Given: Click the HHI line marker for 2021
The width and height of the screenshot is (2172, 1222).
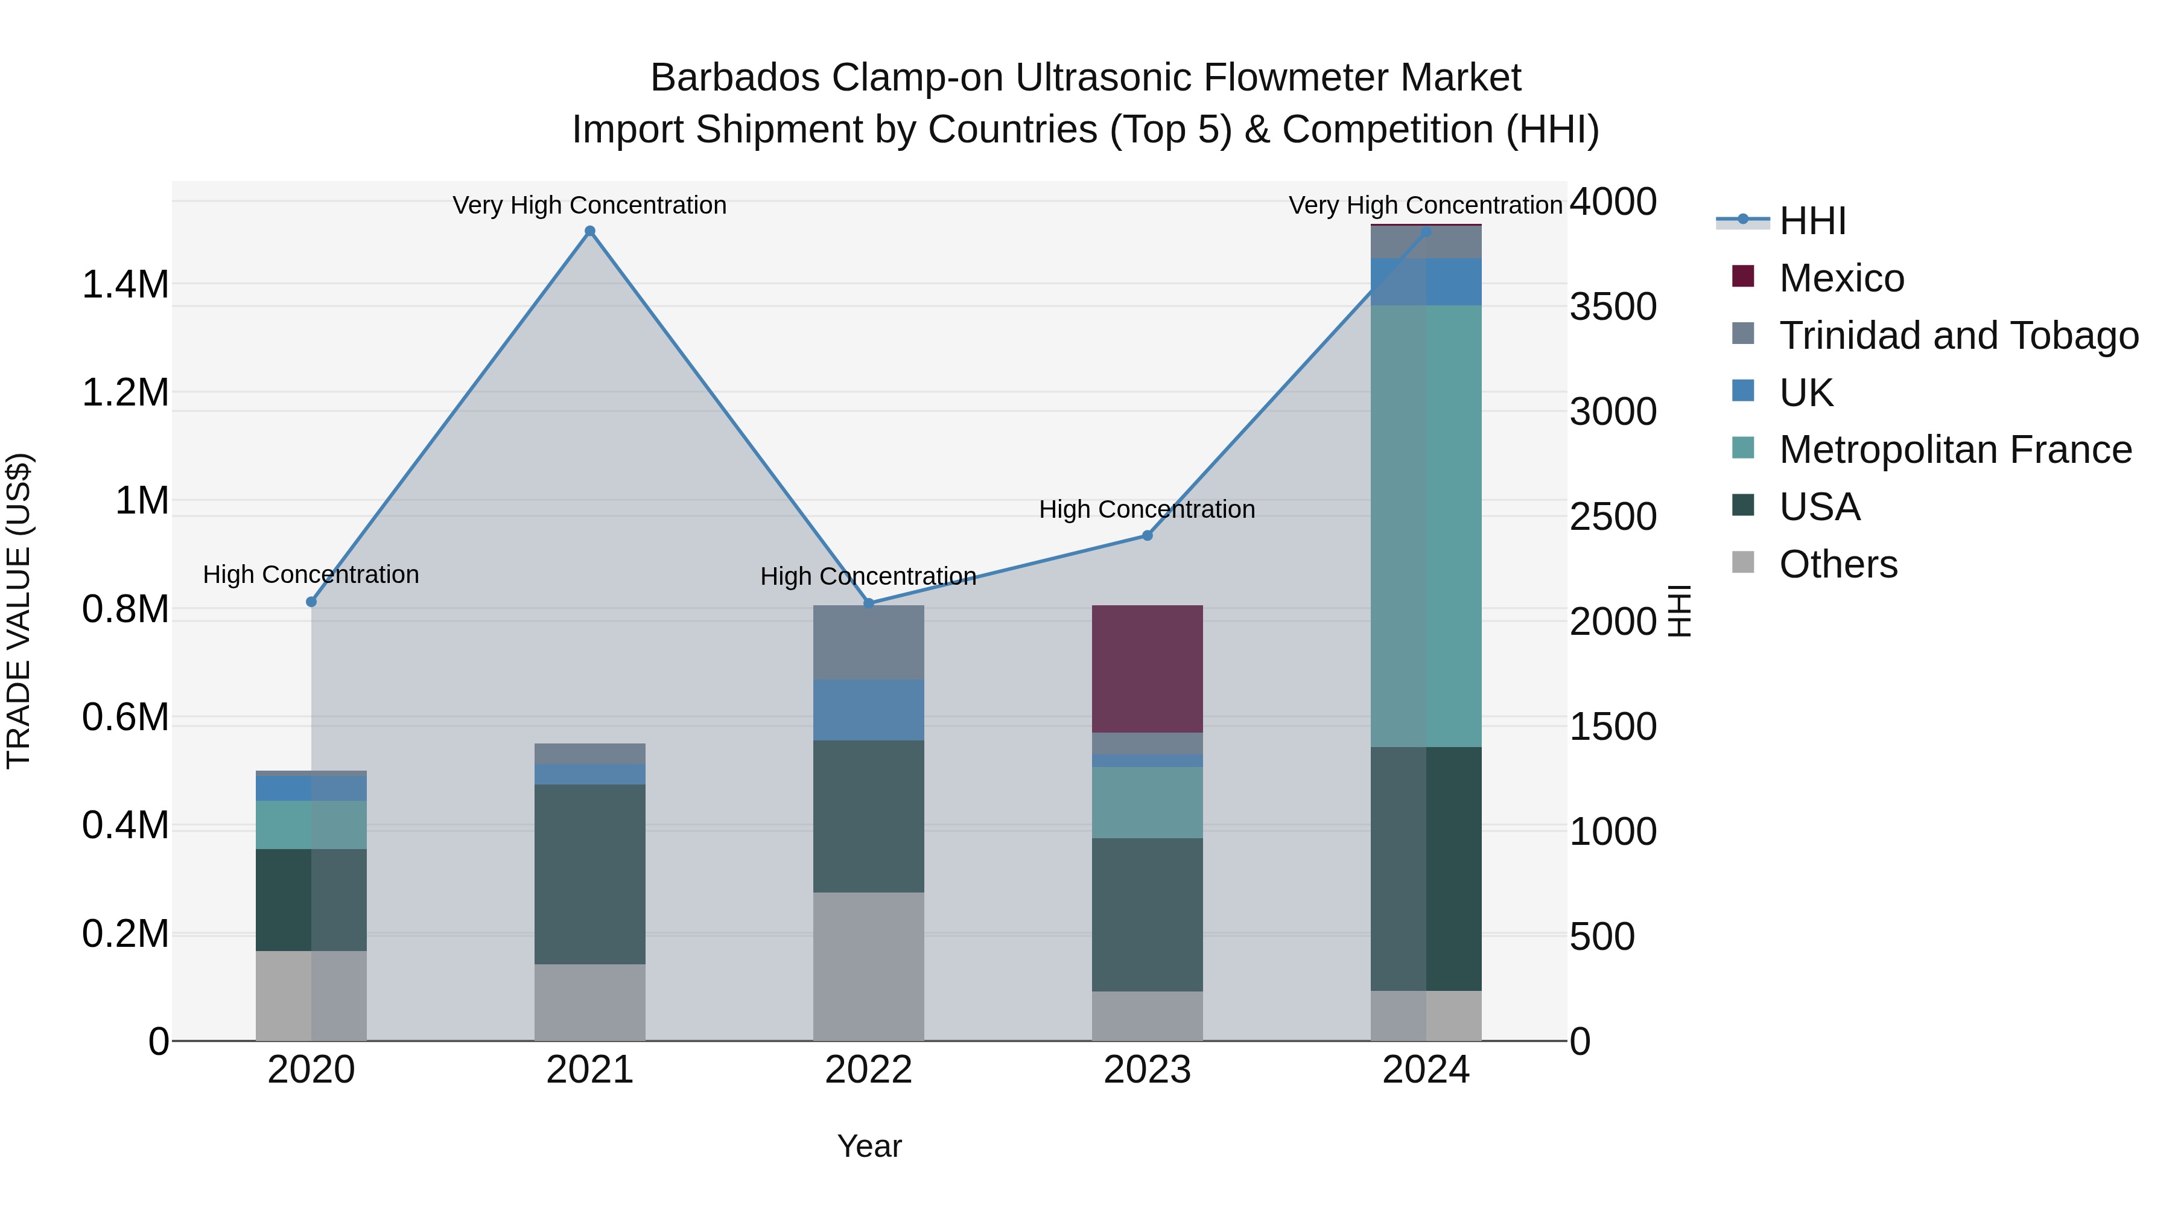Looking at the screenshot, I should coord(590,231).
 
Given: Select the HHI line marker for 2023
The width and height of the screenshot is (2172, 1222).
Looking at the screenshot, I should coord(1147,535).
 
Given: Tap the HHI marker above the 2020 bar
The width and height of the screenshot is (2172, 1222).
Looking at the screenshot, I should coord(311,601).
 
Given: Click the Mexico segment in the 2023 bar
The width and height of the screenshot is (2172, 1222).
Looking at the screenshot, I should coord(1147,669).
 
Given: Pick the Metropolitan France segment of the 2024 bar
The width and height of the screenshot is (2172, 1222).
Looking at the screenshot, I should coord(1426,526).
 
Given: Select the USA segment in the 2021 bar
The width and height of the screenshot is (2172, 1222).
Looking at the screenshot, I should coord(590,874).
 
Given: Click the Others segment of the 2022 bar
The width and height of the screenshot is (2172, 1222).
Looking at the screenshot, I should coord(868,967).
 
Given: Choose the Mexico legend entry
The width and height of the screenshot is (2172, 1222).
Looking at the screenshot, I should coord(1841,278).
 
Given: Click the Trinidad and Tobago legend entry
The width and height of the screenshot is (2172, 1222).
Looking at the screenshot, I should coord(1958,336).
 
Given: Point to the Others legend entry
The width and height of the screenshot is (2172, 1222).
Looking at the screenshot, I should coord(1838,564).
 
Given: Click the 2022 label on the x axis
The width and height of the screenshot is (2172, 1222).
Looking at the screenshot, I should coord(868,1070).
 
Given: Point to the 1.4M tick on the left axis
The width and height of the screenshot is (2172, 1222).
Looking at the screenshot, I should coord(125,285).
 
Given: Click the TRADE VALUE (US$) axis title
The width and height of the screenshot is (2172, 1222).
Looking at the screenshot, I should coord(19,611).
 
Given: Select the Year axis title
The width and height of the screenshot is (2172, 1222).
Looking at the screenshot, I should coord(869,1146).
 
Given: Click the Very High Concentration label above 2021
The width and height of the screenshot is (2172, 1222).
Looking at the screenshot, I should coord(589,205).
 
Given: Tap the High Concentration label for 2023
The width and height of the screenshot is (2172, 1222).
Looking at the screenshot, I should coord(1147,509).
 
